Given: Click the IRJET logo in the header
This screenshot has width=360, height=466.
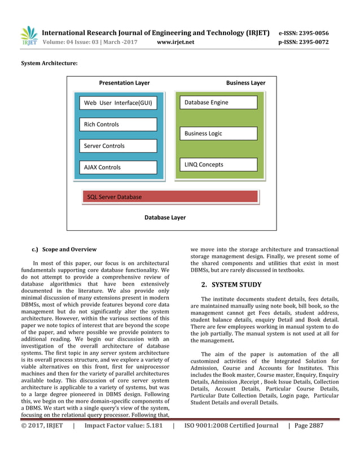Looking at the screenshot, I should click(28, 36).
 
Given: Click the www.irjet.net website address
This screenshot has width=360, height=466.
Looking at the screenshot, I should click(175, 42).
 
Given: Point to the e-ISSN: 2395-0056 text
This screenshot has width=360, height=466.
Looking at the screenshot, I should click(304, 33).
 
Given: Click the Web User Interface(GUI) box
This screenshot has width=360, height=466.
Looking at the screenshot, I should click(118, 103).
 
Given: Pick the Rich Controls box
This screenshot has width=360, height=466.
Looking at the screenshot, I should click(118, 124).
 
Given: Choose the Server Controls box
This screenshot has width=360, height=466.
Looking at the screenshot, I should click(118, 146).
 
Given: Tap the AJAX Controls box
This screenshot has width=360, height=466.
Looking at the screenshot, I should click(118, 167).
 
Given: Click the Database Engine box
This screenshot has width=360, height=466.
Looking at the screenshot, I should click(219, 102).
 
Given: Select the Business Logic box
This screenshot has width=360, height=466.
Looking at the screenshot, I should click(219, 134).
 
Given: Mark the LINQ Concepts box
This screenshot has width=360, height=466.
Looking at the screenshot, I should click(219, 165).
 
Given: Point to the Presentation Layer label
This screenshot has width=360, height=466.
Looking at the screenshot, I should click(124, 83).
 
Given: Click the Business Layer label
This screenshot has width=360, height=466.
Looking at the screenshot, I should click(245, 83).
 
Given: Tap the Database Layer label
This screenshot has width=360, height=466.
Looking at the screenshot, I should click(165, 217).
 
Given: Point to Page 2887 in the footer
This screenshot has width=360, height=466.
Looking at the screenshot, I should click(307, 426).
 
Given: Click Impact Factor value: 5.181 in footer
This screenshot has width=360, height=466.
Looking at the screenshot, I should click(123, 426).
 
